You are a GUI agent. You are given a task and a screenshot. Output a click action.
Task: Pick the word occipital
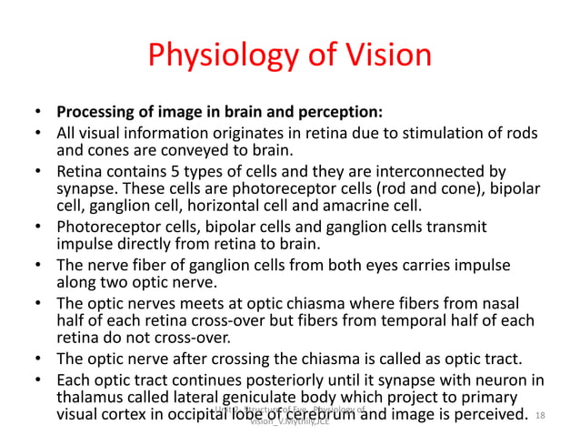tap(235, 415)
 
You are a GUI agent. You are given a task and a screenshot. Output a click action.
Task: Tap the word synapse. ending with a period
tap(85, 187)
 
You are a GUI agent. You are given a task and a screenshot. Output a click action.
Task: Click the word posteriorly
tap(255, 379)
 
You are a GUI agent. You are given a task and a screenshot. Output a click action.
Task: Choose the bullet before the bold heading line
tap(37, 115)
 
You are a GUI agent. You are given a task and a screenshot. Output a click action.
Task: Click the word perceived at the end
tap(489, 415)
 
